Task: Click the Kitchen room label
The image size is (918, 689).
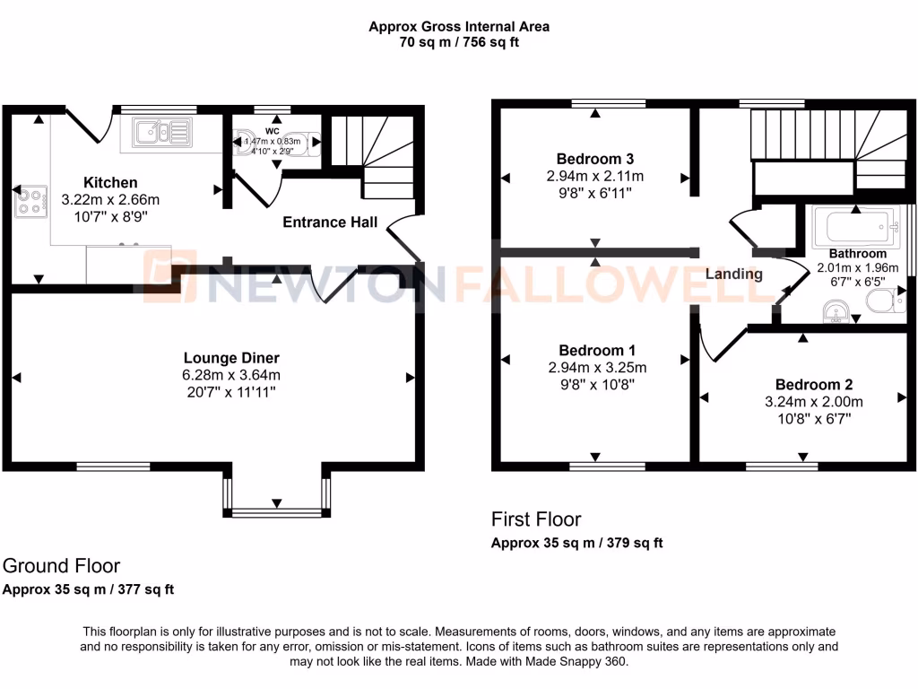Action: [x=110, y=183]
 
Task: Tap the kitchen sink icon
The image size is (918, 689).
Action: [x=161, y=134]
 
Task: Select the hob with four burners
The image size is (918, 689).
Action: [x=30, y=202]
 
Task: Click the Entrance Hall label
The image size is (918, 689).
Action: [x=330, y=222]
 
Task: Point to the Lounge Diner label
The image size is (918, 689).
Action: [x=232, y=358]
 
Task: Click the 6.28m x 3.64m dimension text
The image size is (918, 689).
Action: [x=231, y=375]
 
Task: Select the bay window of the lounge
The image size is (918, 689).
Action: [x=277, y=512]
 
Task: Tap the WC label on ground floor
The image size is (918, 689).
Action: [x=273, y=130]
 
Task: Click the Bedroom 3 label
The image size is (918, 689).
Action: [x=594, y=159]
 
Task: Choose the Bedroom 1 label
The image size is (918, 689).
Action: [x=596, y=350]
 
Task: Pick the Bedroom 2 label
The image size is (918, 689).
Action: [x=813, y=384]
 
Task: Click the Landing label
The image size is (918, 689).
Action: [x=733, y=274]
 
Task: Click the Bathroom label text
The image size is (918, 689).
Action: [x=857, y=254]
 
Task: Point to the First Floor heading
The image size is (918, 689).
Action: [x=536, y=519]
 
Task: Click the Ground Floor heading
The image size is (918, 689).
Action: [x=61, y=566]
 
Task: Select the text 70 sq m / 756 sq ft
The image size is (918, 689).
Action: [x=459, y=41]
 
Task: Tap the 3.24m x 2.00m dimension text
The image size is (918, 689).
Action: [x=813, y=402]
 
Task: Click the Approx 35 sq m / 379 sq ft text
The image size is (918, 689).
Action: [x=576, y=543]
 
